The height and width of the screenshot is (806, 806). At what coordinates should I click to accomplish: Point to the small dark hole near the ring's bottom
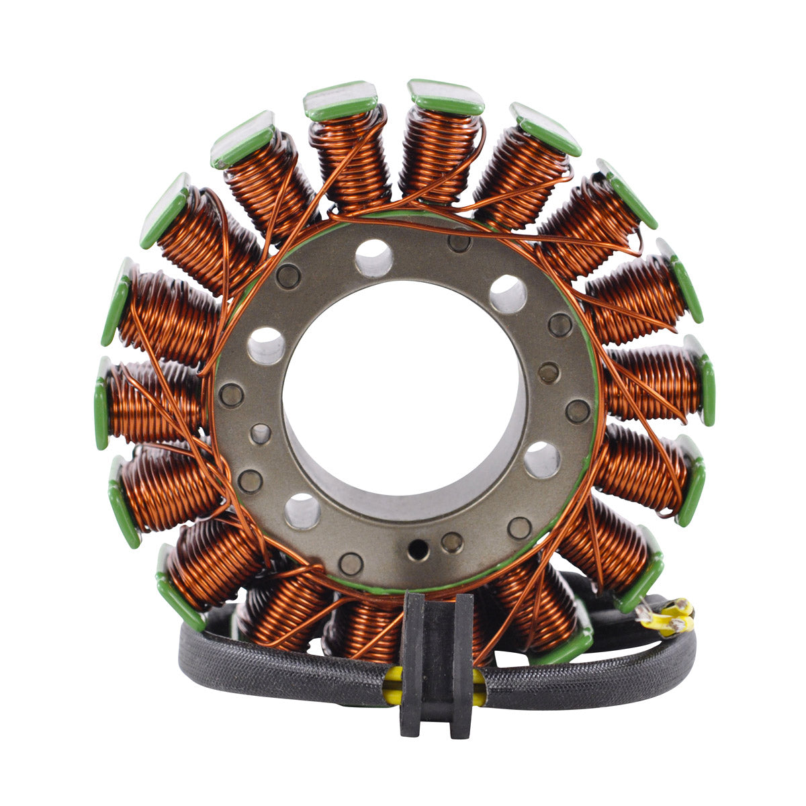pos(418,549)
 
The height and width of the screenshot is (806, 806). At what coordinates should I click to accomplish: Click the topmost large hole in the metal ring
pos(374,257)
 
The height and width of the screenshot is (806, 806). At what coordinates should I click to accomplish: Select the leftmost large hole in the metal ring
pos(267,345)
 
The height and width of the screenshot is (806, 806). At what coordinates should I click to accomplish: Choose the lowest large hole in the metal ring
pos(302,511)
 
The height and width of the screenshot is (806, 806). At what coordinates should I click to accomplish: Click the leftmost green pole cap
pos(101,403)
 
